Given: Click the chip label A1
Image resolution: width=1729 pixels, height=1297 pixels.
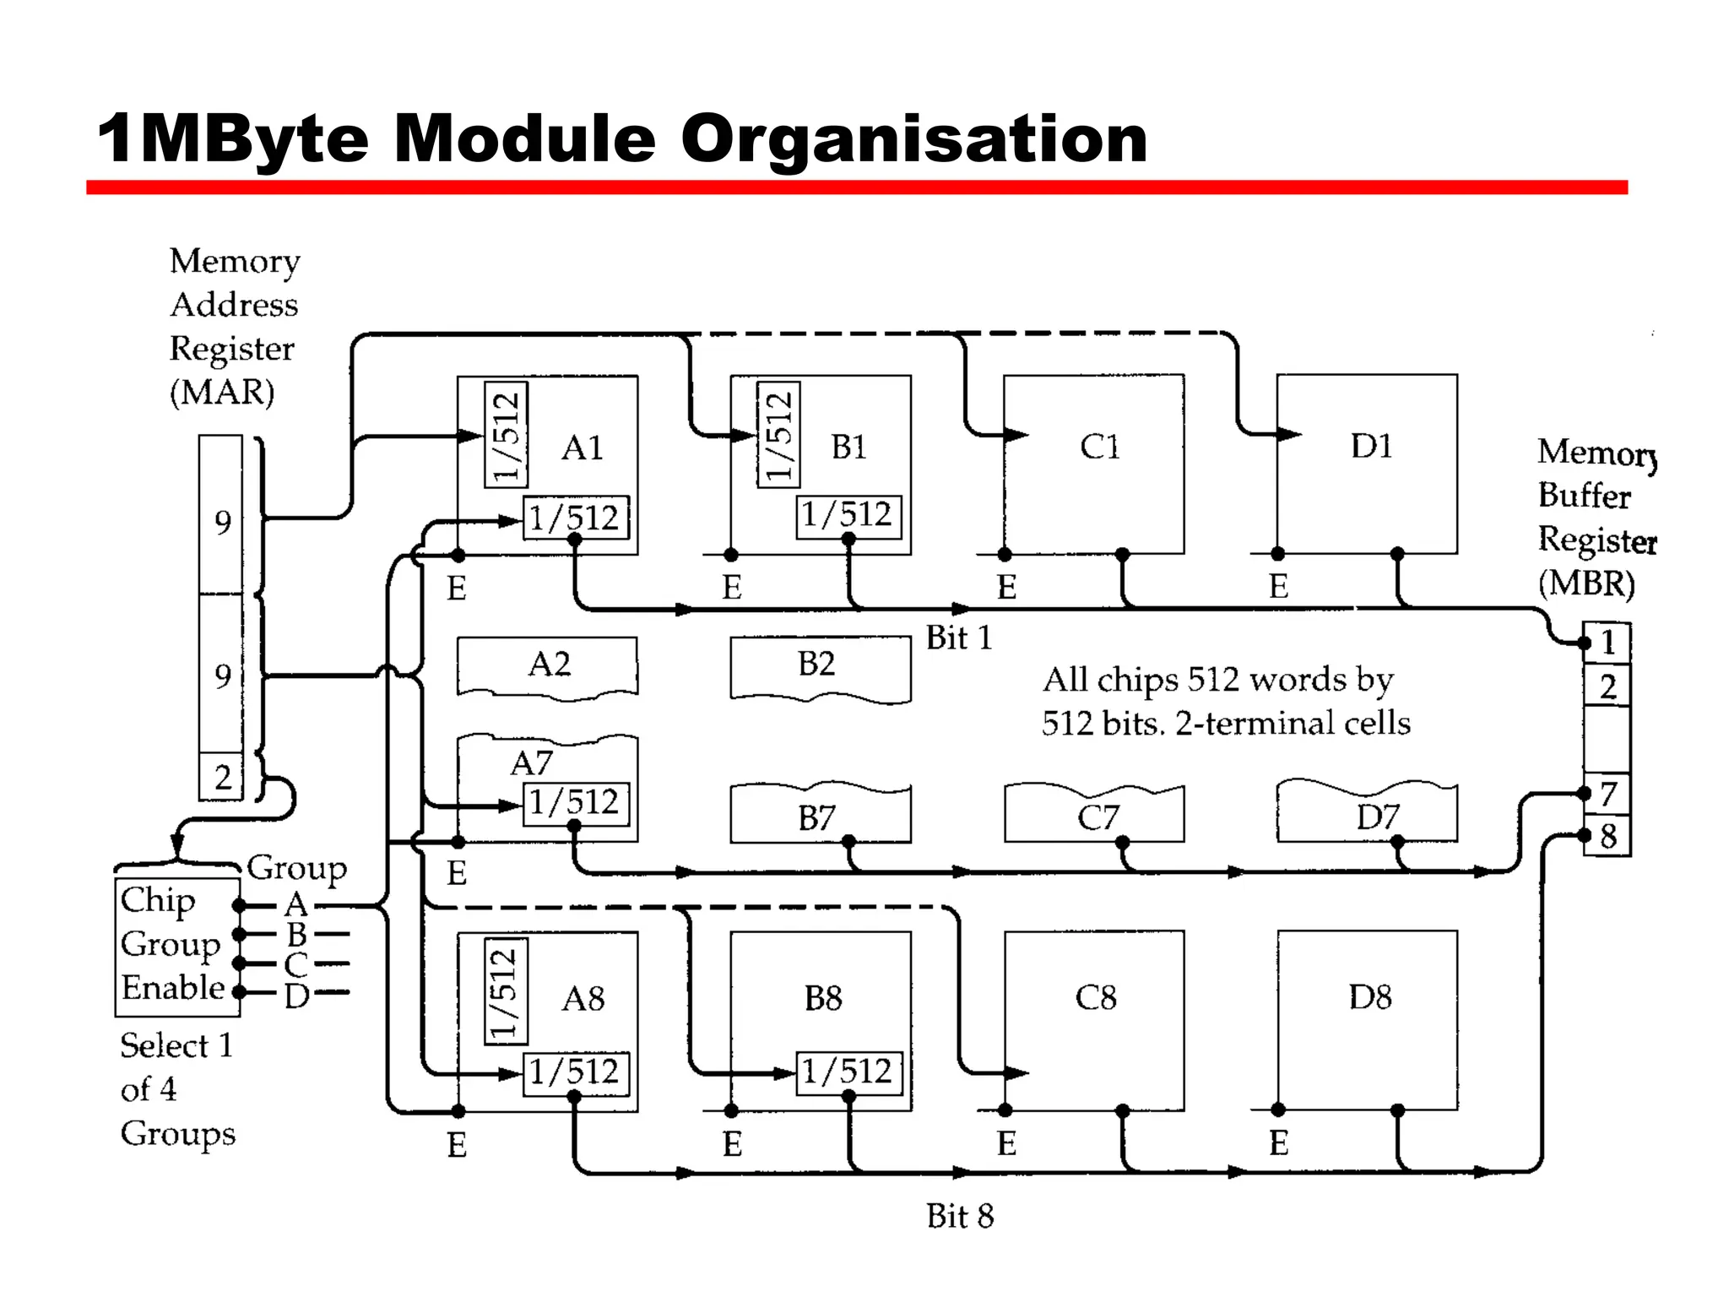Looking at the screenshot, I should pos(583,448).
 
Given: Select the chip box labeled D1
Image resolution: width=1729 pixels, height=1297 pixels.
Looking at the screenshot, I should pos(1368,464).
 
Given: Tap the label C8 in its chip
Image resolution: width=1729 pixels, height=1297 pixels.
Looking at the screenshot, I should pos(1095,998).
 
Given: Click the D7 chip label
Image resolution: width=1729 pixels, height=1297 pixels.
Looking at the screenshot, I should pos(1377,817).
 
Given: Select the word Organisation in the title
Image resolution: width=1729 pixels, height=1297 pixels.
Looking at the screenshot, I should pos(913,138).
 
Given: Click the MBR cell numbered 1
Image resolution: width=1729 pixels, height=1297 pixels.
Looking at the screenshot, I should pos(1607,643).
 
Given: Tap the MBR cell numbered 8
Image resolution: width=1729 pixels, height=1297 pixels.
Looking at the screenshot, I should pos(1607,837).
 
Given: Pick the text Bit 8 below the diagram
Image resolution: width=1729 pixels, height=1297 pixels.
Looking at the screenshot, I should pos(960,1216).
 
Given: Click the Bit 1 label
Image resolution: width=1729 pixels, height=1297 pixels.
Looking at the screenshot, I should pos(958,638).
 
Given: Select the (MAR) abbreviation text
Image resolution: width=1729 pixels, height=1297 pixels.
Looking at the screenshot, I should pos(222,393).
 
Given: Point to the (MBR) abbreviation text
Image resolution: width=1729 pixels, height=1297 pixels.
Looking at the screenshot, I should pos(1585,583).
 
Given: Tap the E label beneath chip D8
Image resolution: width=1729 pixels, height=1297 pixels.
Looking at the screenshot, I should pos(1278,1143).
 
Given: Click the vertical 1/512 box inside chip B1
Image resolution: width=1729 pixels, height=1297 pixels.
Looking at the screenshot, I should pos(778,434).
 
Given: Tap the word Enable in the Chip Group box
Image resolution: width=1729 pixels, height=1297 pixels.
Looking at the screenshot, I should pos(173,987).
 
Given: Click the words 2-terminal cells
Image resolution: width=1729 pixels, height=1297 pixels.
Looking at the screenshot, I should pos(1293,724).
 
